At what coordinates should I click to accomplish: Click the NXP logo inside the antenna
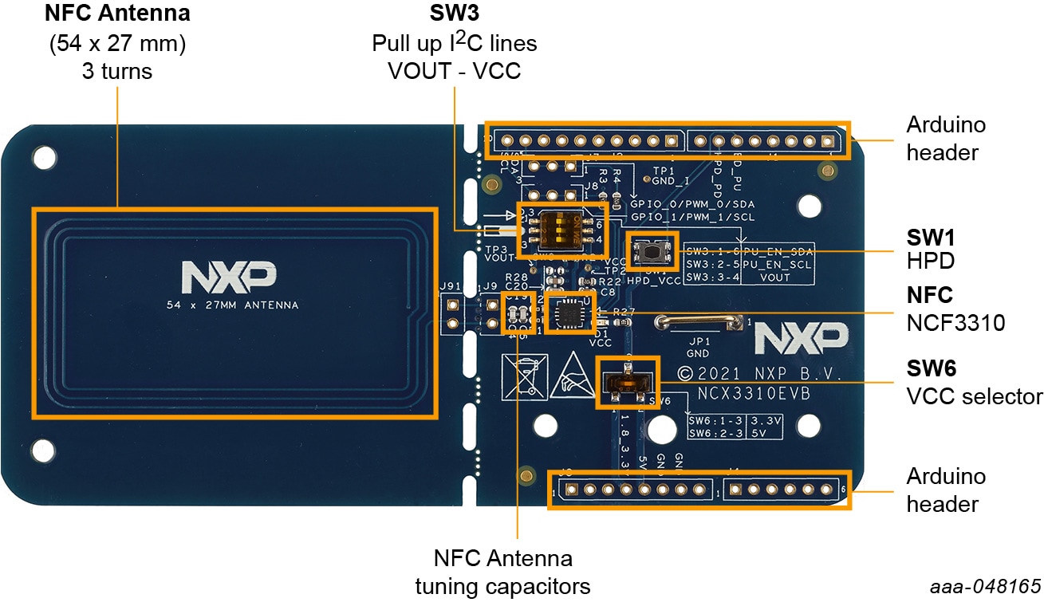click(230, 276)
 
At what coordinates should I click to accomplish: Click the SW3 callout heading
click(454, 14)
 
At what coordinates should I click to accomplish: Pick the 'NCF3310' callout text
click(955, 323)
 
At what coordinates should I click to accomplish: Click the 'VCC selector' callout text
click(975, 396)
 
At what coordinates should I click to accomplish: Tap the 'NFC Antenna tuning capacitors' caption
click(502, 572)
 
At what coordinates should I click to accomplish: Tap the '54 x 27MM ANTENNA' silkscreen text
click(233, 305)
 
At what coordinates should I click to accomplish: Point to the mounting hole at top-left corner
click(45, 153)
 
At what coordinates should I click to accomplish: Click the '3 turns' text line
click(117, 71)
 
